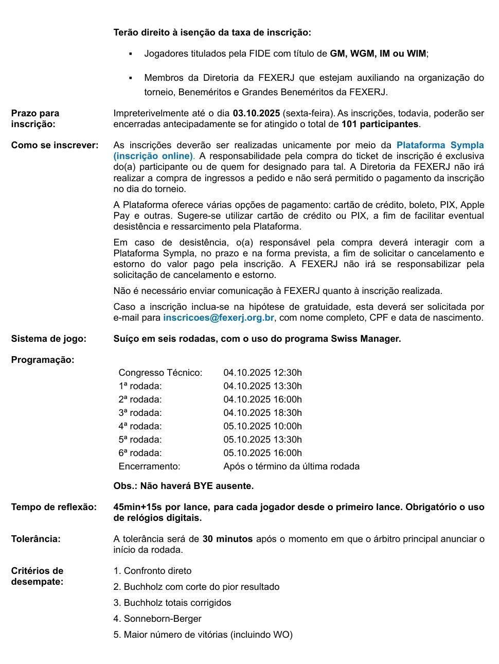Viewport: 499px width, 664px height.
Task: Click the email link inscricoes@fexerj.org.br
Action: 219,318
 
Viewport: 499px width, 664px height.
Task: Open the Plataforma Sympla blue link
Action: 440,145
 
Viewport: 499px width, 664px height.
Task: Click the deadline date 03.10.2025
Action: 256,113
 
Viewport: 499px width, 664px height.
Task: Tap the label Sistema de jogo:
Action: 49,339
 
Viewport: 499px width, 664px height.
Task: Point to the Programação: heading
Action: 43,360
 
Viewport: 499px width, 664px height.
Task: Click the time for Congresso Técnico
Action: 262,373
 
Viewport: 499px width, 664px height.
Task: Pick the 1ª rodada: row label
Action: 140,386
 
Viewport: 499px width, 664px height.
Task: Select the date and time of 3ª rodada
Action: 262,413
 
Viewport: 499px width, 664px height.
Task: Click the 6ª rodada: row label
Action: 140,453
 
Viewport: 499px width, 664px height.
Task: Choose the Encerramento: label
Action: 149,466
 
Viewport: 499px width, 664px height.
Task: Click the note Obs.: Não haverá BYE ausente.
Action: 184,486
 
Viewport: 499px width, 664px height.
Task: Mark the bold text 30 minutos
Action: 227,539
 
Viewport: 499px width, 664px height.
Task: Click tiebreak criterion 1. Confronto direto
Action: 152,571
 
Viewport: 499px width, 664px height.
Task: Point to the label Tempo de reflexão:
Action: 54,507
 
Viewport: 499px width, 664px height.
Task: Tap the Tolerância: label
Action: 36,539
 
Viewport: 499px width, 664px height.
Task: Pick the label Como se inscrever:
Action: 55,145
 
